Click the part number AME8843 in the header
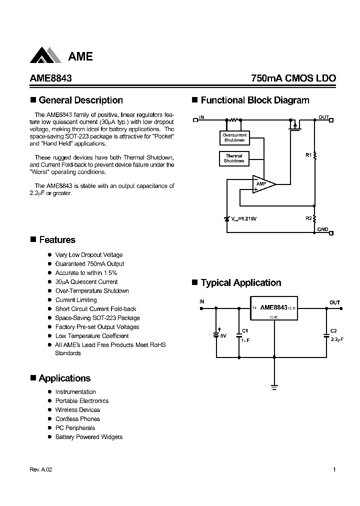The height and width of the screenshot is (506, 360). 48,78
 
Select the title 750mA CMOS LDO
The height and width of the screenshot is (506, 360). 293,78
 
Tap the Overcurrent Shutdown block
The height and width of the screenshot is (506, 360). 234,137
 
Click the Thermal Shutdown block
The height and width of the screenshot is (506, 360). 233,158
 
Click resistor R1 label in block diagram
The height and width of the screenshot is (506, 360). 308,155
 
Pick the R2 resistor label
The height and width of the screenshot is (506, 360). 308,218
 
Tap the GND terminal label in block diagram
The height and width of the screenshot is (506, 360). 322,229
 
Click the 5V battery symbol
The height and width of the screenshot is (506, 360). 216,335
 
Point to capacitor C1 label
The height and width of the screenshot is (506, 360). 244,331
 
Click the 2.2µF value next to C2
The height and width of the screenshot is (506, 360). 337,339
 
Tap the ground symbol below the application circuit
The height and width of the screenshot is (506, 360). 274,386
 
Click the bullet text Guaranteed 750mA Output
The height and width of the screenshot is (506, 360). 89,264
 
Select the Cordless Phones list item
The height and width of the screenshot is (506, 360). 77,419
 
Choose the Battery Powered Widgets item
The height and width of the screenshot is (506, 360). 88,437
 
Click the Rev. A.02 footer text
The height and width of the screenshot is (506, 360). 41,470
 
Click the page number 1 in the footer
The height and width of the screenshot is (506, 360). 333,470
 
